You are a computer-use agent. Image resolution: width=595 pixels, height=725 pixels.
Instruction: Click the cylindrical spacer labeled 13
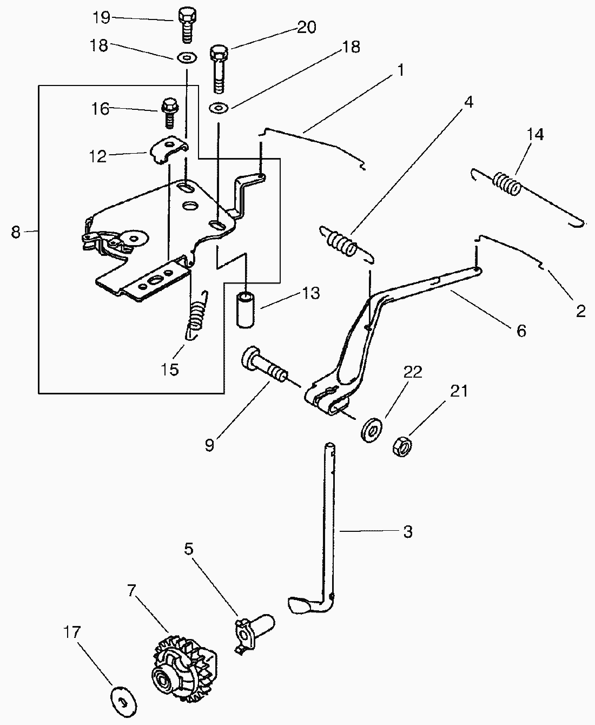[x=247, y=309]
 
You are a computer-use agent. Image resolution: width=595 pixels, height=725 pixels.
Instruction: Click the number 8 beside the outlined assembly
[x=16, y=232]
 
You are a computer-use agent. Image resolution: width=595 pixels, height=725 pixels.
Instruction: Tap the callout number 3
[x=408, y=531]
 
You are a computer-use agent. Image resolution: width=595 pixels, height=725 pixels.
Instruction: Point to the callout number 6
[x=521, y=330]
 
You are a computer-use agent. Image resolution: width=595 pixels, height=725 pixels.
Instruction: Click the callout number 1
[x=400, y=70]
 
